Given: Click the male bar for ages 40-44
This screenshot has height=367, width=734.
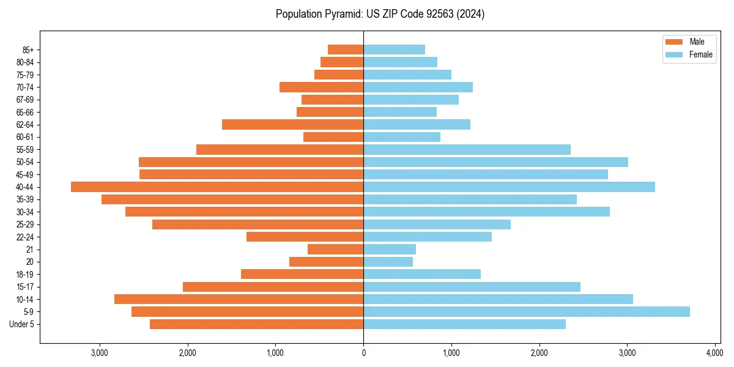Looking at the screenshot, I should click(217, 187).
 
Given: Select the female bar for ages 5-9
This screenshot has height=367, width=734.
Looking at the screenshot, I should click(527, 311).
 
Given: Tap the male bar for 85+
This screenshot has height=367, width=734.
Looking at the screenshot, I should click(346, 50).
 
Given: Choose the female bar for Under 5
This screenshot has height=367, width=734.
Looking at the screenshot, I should click(464, 324).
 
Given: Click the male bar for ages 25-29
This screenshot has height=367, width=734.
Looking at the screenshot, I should click(258, 224).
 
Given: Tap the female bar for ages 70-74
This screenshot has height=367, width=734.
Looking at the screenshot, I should click(418, 87).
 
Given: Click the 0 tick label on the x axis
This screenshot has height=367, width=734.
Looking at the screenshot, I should click(363, 353).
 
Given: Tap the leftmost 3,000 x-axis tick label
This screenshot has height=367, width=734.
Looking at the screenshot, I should click(100, 353).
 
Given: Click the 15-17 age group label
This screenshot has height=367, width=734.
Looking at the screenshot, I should click(24, 287).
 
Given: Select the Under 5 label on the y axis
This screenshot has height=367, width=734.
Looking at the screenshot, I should click(22, 324).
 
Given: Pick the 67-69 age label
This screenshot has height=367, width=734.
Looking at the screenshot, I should click(24, 100).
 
